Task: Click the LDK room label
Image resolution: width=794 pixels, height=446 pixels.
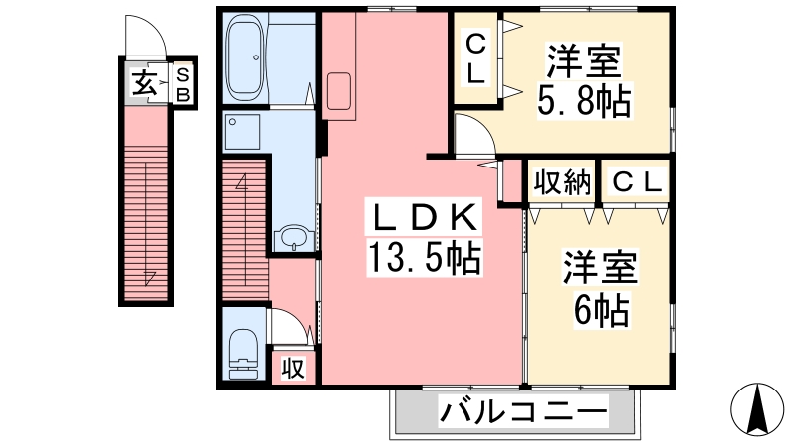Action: click(425, 218)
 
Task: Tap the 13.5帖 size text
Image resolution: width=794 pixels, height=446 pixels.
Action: click(425, 257)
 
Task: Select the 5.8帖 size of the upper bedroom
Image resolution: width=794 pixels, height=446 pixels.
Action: click(584, 101)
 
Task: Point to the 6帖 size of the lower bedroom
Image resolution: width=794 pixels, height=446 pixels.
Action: click(601, 309)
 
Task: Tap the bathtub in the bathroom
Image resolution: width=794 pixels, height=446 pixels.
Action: click(244, 57)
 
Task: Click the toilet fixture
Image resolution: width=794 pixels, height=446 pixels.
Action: click(243, 354)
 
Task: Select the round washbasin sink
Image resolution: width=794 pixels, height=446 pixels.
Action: click(293, 238)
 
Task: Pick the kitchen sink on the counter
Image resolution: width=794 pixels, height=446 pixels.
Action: click(338, 91)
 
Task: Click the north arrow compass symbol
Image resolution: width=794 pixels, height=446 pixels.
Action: click(757, 409)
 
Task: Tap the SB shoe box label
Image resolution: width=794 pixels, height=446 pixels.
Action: click(183, 84)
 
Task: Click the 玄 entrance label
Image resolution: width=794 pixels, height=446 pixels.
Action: click(143, 83)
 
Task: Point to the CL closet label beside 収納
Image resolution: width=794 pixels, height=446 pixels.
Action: click(637, 182)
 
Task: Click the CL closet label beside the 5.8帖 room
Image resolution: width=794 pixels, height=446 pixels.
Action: click(475, 58)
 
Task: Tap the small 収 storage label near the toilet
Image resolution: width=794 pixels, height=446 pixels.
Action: click(293, 368)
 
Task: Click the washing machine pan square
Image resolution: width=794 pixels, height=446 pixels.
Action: click(242, 132)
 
